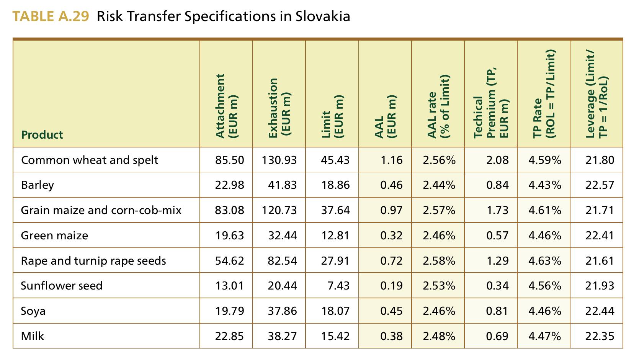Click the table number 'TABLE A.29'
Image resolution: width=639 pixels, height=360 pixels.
[x=51, y=16]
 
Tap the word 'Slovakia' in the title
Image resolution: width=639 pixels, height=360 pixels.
[x=323, y=16]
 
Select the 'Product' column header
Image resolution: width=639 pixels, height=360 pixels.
[x=42, y=135]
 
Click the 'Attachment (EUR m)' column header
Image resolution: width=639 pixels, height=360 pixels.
[x=226, y=106]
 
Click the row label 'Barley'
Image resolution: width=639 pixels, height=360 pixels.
[x=38, y=185]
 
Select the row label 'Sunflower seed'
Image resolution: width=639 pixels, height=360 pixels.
[x=62, y=286]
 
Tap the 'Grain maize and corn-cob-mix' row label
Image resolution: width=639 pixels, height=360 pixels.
[x=101, y=210]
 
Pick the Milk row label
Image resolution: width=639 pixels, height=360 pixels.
[x=33, y=336]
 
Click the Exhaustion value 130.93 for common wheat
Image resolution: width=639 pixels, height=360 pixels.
[x=279, y=160]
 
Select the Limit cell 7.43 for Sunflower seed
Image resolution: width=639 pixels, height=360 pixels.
[x=338, y=286]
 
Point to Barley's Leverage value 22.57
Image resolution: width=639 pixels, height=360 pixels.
[x=600, y=185]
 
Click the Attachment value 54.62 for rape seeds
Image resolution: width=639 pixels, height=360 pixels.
[x=230, y=261]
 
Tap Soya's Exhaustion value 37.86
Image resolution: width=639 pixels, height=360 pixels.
[x=283, y=311]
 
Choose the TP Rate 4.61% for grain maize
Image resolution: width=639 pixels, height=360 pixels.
[x=544, y=210]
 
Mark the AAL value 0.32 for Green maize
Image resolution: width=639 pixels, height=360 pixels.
[x=391, y=236]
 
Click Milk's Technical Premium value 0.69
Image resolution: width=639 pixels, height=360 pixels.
[x=497, y=336]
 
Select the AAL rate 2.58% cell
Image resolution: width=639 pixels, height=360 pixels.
[x=439, y=261]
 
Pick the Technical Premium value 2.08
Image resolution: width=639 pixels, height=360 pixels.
[x=497, y=160]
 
